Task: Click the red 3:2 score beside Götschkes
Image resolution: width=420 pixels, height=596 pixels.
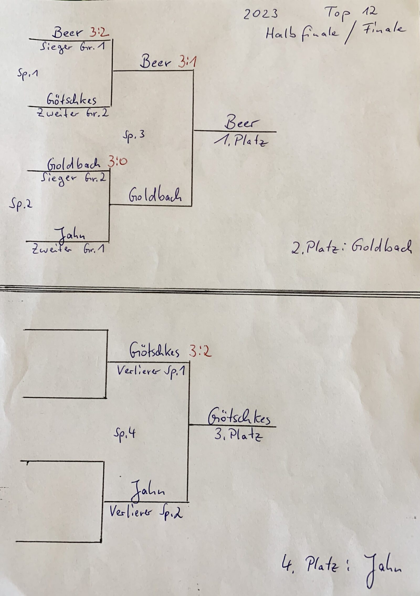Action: (200, 352)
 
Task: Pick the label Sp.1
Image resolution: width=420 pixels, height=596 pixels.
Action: (28, 74)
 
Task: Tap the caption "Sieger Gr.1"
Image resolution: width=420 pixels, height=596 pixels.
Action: (73, 48)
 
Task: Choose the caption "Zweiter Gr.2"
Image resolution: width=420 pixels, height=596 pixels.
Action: (72, 114)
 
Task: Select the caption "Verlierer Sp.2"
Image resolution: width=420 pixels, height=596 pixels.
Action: (146, 513)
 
